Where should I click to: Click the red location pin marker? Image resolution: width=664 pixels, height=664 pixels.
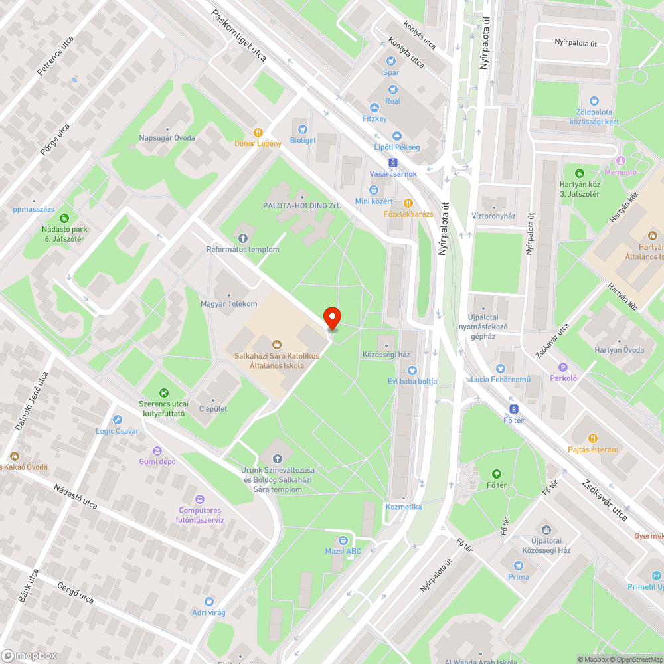(331, 318)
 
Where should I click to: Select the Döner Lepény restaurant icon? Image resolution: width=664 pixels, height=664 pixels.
(258, 132)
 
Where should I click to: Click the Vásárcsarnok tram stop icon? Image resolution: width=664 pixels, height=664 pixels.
(393, 162)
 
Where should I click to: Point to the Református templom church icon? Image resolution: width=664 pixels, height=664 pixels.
(242, 238)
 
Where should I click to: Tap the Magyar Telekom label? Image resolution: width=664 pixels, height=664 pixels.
(228, 303)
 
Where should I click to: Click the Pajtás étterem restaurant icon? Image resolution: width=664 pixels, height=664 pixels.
(593, 438)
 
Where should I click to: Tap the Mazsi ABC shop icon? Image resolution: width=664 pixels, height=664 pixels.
(343, 540)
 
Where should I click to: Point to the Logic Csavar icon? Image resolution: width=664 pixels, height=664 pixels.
(118, 420)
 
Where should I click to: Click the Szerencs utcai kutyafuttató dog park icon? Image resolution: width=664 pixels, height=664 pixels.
(163, 393)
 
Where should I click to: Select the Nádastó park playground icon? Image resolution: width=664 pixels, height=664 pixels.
(64, 218)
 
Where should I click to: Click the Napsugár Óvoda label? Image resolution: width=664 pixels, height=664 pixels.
(167, 138)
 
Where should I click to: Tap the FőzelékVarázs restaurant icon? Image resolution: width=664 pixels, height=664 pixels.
(408, 203)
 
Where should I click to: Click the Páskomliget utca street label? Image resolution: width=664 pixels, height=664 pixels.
(239, 36)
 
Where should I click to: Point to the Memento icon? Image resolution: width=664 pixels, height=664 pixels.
(621, 161)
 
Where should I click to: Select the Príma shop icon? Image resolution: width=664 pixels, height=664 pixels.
(519, 565)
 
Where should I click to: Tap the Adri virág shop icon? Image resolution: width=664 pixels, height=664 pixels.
(208, 601)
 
